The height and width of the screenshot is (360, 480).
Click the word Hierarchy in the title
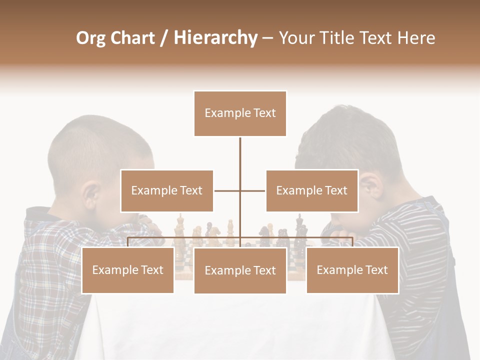tap(215, 38)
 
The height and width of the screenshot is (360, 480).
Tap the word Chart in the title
tap(132, 38)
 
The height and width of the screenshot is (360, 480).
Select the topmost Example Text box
tap(240, 113)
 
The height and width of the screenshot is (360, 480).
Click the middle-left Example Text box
tap(166, 190)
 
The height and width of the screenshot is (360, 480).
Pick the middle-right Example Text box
tap(311, 190)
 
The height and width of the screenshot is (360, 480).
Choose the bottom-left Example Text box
tap(127, 270)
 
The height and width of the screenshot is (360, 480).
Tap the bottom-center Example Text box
tap(240, 270)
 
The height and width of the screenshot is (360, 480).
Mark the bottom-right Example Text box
tap(352, 270)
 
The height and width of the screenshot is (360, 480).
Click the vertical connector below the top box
tap(240, 160)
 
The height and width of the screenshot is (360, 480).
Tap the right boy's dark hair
tap(345, 135)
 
